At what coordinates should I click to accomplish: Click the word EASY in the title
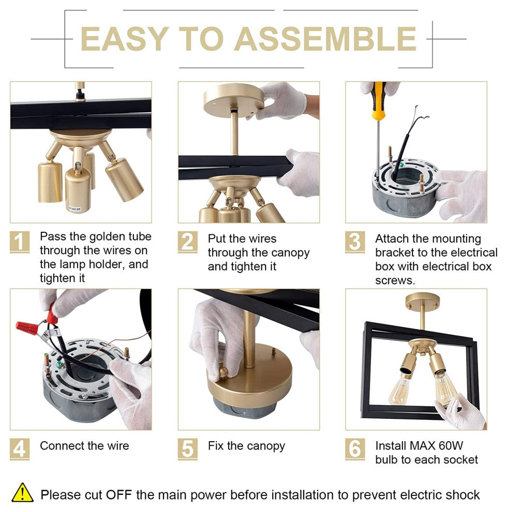pos(125,39)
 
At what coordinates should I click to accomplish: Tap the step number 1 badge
pos(20,242)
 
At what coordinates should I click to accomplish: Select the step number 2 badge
pos(187,242)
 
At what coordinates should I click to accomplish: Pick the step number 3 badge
pos(355,242)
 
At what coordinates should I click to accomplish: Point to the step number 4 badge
pos(20,449)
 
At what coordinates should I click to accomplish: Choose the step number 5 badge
pos(187,449)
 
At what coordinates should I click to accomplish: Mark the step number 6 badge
pos(355,449)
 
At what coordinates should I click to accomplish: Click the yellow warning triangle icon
pos(22,493)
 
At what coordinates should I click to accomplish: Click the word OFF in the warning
pos(118,495)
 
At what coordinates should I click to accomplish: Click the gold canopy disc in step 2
pos(233,99)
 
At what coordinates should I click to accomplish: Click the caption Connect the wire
pos(84,446)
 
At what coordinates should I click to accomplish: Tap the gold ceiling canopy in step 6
pos(422,300)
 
